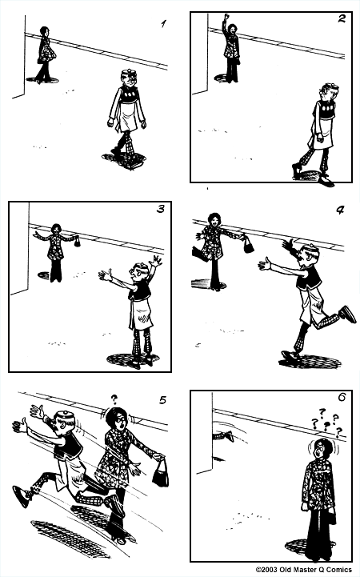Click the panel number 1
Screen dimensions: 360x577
pyautogui.click(x=163, y=24)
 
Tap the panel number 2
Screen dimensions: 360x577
pyautogui.click(x=342, y=18)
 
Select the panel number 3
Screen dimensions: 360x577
pyautogui.click(x=161, y=209)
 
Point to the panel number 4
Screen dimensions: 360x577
pyautogui.click(x=340, y=210)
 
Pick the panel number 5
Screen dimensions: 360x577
pyautogui.click(x=163, y=399)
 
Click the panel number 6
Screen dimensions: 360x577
pyautogui.click(x=342, y=398)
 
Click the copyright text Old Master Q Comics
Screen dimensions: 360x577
pyautogui.click(x=304, y=570)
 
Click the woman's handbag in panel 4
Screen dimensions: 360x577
pyautogui.click(x=249, y=245)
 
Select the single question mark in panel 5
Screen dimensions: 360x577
pyautogui.click(x=114, y=399)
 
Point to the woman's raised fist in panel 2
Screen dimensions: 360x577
pyautogui.click(x=226, y=17)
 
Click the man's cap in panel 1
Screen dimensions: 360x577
pyautogui.click(x=129, y=72)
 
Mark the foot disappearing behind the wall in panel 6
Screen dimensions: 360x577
pyautogui.click(x=224, y=435)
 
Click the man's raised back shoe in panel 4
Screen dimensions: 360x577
pyautogui.click(x=347, y=315)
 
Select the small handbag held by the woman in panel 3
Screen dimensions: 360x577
pyautogui.click(x=78, y=242)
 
